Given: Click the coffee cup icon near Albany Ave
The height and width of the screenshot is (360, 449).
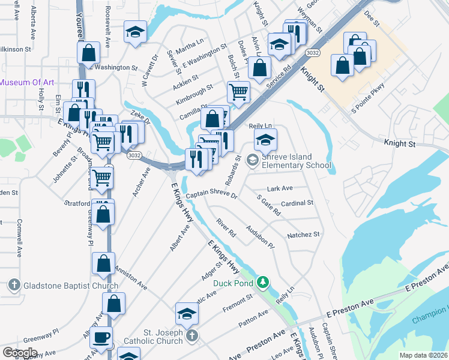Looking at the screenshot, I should pos(102,338).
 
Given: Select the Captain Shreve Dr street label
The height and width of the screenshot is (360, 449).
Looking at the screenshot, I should pos(211,196).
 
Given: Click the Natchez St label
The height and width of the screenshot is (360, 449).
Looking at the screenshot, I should pos(304,235).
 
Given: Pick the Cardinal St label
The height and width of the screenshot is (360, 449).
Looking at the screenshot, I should pos(297,203).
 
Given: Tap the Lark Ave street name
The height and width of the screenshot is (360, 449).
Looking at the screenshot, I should pos(279,188).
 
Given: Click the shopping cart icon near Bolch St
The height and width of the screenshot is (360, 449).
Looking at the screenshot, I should pos(238,93).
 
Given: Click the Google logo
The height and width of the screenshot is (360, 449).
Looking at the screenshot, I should pos(20,353).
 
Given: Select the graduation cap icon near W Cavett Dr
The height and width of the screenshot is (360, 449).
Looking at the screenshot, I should pos(136,32).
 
